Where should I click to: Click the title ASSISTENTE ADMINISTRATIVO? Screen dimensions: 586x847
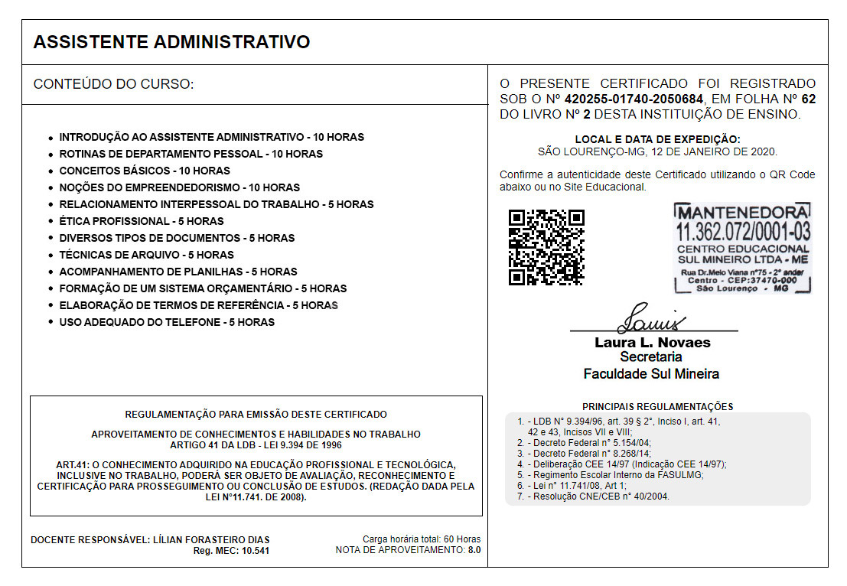(171, 42)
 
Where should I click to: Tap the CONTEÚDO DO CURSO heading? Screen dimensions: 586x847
(113, 84)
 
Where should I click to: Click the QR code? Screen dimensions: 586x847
(546, 247)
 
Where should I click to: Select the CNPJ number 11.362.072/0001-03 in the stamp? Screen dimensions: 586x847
(743, 231)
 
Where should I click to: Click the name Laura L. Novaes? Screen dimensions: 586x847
(653, 343)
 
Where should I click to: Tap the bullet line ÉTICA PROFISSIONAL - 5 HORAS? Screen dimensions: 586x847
(142, 221)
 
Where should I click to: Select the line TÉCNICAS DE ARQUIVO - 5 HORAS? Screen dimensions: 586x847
(146, 255)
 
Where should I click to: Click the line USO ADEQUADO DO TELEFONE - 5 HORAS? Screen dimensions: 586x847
(167, 322)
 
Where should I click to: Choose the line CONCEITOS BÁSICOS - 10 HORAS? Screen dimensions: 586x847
(145, 171)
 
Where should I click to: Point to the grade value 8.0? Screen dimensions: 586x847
(474, 550)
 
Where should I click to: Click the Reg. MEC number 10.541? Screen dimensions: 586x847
(255, 551)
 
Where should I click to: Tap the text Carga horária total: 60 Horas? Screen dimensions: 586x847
(422, 539)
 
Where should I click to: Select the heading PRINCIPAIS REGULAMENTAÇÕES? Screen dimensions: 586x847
(657, 407)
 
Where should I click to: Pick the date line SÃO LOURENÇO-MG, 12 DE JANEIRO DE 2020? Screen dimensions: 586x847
(657, 151)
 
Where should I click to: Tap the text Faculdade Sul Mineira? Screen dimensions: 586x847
(651, 374)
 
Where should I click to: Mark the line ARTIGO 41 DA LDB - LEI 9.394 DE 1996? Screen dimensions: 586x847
(256, 444)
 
